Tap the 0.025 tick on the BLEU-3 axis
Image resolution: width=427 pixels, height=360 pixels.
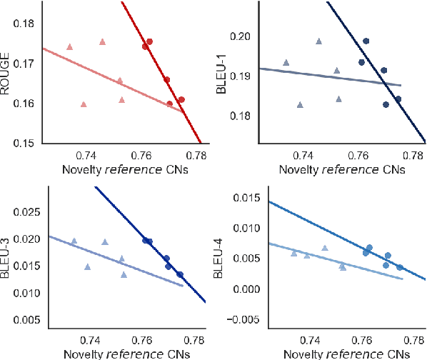click(26, 212)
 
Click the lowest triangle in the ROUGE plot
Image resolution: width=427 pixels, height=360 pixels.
click(84, 104)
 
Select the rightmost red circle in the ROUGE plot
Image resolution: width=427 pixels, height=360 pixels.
click(181, 99)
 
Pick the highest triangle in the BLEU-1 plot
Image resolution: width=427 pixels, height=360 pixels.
click(318, 41)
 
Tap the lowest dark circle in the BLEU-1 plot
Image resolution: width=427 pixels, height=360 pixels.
click(386, 104)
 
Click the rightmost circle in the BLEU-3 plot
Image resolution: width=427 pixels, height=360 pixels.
click(180, 274)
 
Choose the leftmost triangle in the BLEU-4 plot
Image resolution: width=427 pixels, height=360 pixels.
click(293, 253)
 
